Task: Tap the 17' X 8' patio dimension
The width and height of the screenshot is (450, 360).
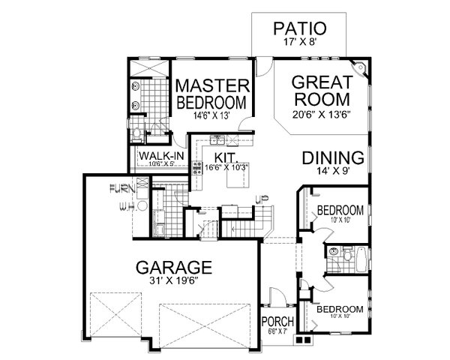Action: [x=299, y=43]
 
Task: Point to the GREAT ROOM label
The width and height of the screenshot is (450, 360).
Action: [x=321, y=91]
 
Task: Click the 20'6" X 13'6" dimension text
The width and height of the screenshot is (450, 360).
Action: [x=322, y=115]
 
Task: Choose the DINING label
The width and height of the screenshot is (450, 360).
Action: [x=334, y=158]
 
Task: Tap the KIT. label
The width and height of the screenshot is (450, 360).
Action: [x=225, y=157]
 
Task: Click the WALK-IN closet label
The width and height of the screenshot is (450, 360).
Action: [x=157, y=156]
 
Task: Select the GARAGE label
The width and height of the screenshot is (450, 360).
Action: [x=173, y=267]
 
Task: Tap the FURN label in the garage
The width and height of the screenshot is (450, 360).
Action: [x=121, y=188]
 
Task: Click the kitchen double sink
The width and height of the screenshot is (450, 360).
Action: [x=218, y=139]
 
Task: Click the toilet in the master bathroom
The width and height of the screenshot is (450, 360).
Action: [x=136, y=135]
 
